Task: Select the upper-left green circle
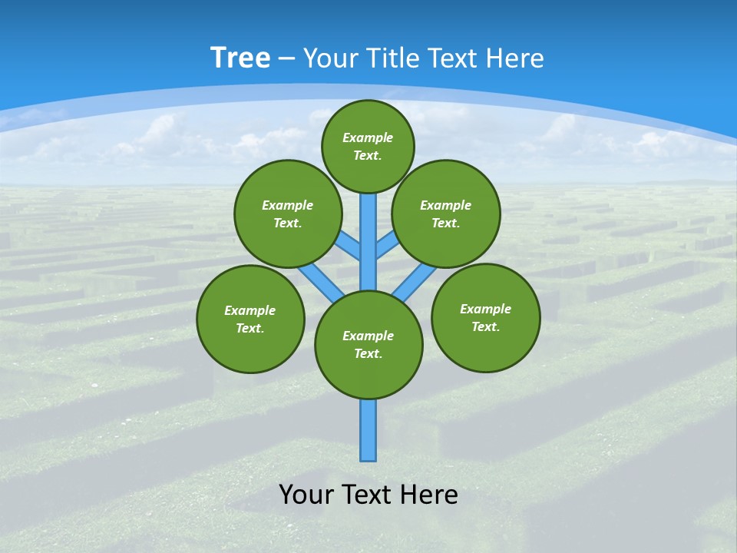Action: coord(288,214)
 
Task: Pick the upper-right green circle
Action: coord(446,214)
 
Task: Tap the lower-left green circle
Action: coord(250,319)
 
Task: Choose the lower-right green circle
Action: coord(485,317)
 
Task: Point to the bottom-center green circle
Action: coord(368,345)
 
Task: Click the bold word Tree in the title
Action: coord(240,58)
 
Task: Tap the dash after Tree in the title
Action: coord(286,58)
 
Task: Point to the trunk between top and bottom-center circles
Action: coord(368,238)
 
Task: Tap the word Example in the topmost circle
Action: coord(368,137)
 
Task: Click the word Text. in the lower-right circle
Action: coord(485,326)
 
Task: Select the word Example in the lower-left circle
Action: coord(250,310)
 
